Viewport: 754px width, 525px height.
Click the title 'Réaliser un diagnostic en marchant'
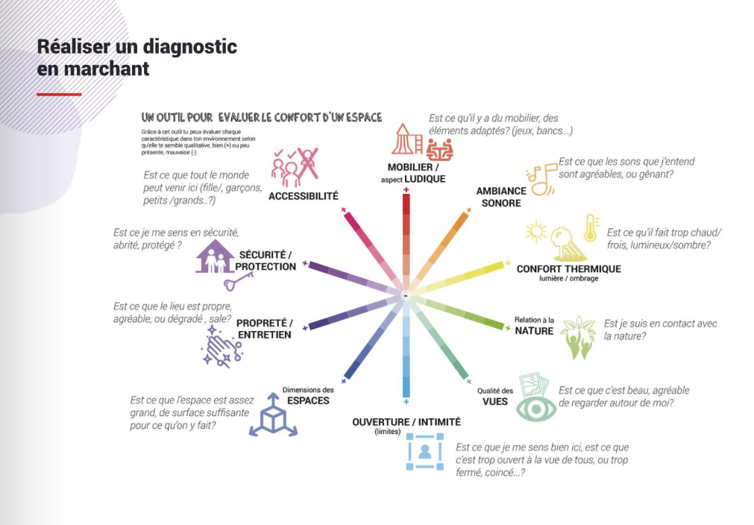pos(137,57)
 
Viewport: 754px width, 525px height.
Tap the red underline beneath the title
pos(59,95)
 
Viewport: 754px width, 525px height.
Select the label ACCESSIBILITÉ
pos(304,196)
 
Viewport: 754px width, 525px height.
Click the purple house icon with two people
pos(213,257)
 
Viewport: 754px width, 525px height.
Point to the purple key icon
pos(238,281)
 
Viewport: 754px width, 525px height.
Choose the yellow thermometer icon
pos(591,227)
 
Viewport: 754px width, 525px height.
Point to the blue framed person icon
pos(424,451)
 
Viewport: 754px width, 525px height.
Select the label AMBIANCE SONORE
pos(501,197)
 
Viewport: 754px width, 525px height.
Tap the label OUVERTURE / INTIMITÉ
pos(406,422)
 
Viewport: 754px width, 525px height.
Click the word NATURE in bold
pos(534,330)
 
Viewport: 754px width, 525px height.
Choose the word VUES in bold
pos(495,401)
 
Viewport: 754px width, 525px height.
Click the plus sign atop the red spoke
pos(406,191)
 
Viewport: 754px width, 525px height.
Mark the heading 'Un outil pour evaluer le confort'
pos(262,117)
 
